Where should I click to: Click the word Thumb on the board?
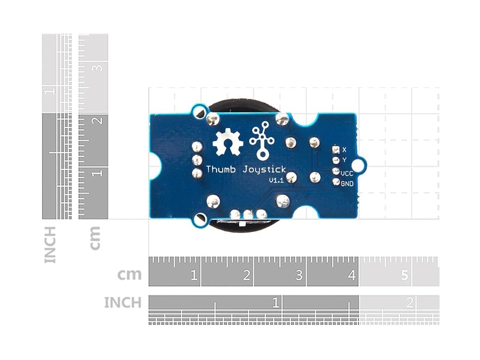[x=220, y=169]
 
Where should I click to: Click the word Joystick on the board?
[x=264, y=170]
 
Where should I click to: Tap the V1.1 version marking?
[x=276, y=180]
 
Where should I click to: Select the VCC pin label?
[x=347, y=174]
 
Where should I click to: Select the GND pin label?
[x=347, y=184]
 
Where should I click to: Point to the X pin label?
[x=344, y=150]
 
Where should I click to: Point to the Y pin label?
[x=344, y=160]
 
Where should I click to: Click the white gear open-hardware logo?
[x=228, y=142]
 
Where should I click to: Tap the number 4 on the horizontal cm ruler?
[x=352, y=275]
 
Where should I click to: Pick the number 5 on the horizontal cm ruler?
[x=404, y=275]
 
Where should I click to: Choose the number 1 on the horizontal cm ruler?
[x=194, y=275]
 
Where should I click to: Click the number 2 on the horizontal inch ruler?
[x=409, y=303]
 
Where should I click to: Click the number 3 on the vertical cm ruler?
[x=98, y=68]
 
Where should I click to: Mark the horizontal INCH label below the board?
[x=123, y=302]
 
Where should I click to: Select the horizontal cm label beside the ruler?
[x=130, y=275]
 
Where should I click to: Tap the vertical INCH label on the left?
[x=50, y=245]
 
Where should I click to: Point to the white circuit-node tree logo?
[x=262, y=141]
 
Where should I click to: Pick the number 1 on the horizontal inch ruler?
[x=276, y=303]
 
